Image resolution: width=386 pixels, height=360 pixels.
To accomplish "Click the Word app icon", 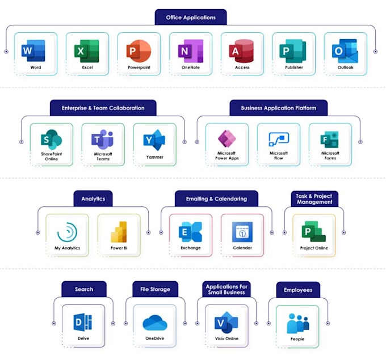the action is [33, 50].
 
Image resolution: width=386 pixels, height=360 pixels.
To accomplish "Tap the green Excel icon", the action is [87, 51].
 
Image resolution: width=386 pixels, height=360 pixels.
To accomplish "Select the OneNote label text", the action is [191, 67].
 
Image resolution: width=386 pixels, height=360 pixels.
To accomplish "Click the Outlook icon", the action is [345, 51].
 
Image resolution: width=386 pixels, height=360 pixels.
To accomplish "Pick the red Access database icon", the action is [241, 51].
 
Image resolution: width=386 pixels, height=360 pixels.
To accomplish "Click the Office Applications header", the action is [191, 17].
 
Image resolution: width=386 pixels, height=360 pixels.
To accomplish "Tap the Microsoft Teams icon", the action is [102, 139].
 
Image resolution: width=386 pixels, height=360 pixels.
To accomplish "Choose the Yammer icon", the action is [154, 140].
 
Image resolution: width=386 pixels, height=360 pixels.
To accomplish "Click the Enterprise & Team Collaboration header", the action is [103, 108].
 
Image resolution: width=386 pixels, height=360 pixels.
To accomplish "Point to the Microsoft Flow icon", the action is [279, 139].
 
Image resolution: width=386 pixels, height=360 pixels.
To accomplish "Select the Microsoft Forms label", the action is [330, 156].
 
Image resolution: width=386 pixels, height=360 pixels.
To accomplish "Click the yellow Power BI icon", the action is [119, 232].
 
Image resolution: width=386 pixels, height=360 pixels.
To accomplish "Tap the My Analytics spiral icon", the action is [67, 232].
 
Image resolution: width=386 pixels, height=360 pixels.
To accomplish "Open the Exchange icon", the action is [190, 232].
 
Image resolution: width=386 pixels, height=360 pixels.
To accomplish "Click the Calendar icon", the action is [242, 232].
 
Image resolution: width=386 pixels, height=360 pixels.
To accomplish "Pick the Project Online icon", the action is [313, 231].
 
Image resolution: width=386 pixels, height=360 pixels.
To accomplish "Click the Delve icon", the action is [83, 321].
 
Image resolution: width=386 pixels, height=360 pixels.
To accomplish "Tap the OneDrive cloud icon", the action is [155, 323].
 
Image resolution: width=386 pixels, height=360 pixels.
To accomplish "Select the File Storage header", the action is [156, 289].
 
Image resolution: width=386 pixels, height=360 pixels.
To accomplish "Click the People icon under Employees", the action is [298, 323].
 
